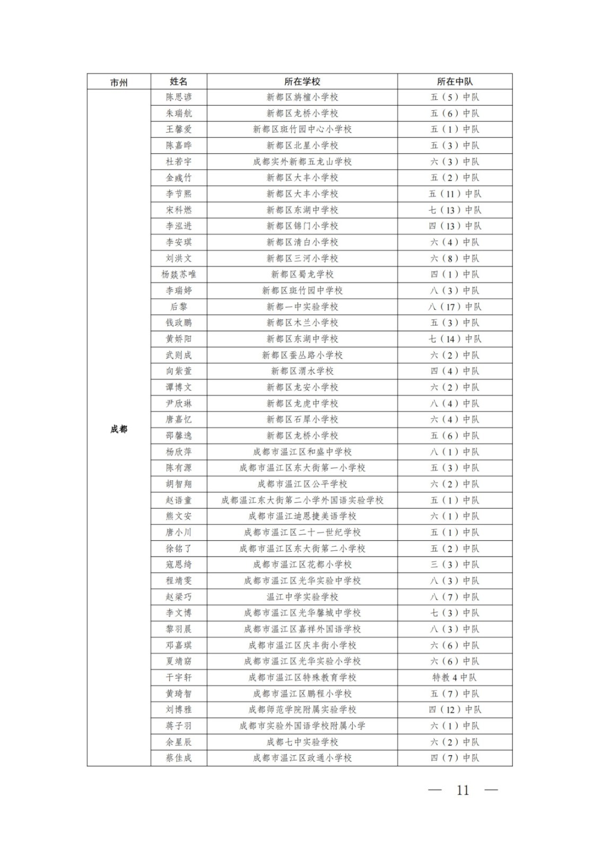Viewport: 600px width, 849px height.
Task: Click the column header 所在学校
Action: pos(302,82)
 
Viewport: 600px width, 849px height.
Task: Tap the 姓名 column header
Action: pos(179,82)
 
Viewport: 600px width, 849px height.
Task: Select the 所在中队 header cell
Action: pos(455,82)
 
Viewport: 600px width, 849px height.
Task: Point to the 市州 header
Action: pos(119,82)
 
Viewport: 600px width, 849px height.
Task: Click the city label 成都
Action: pos(119,429)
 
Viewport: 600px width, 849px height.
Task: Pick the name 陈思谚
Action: pos(179,97)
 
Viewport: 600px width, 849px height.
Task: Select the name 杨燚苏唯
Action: pos(179,274)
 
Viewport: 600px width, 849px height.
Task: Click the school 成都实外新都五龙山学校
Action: pos(302,161)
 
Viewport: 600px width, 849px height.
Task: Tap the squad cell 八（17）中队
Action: pos(455,307)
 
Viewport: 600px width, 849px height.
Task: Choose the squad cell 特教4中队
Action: pos(455,677)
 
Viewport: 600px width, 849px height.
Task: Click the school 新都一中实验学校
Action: pos(302,307)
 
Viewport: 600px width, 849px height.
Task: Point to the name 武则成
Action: pos(179,355)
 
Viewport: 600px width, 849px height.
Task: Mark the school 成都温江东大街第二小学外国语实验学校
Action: pos(302,500)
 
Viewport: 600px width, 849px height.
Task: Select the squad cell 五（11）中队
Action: pos(455,194)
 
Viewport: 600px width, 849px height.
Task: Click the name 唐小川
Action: pos(179,532)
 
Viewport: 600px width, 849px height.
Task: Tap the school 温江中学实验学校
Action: pos(302,596)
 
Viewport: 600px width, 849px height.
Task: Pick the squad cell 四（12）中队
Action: pos(455,709)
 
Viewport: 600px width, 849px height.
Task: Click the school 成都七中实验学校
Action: pos(302,742)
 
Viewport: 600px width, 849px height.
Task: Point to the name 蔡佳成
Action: pos(179,758)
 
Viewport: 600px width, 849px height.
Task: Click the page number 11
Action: pos(463,790)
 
